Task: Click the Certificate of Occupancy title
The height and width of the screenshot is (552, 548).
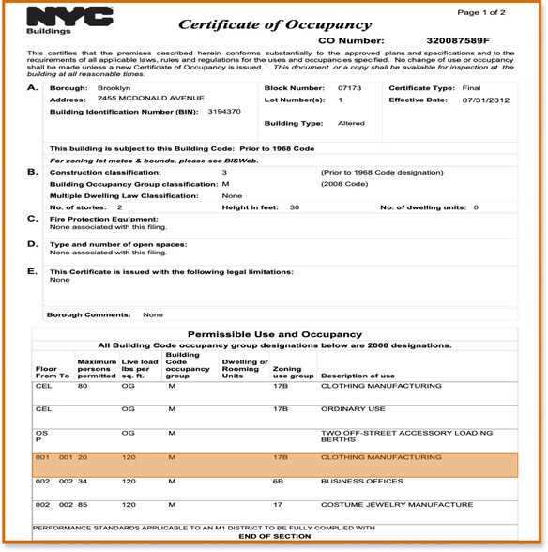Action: coord(275,24)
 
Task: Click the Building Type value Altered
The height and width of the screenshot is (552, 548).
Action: coord(352,123)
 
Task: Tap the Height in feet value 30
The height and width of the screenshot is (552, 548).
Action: coord(295,207)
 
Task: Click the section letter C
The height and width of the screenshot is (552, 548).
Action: coord(33,219)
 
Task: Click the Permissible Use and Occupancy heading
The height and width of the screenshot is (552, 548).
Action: coord(275,334)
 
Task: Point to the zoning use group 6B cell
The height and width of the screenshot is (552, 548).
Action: coord(280,482)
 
